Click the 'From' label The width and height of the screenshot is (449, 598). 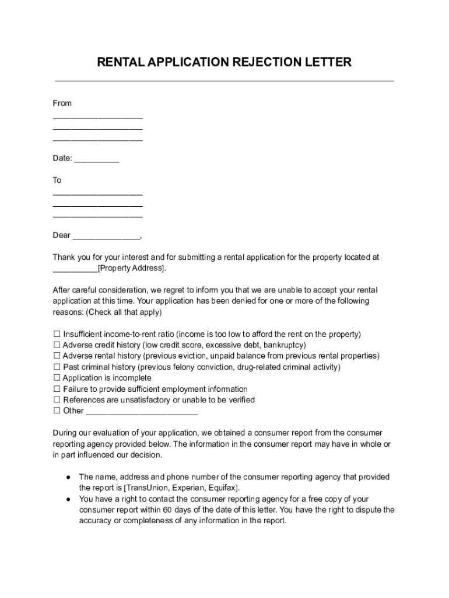point(62,103)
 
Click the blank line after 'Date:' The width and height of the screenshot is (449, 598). point(97,158)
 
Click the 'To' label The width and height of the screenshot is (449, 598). point(57,180)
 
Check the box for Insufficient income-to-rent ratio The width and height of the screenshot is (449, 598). point(57,335)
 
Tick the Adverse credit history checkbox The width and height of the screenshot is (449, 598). point(57,345)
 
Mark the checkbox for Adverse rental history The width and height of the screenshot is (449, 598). point(57,356)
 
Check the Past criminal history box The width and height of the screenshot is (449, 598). point(57,367)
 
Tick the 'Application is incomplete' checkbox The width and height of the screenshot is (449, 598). point(57,378)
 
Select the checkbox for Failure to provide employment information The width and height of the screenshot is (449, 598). point(57,390)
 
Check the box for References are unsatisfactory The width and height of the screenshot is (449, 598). point(57,400)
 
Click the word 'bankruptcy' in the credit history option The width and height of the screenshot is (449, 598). point(284,345)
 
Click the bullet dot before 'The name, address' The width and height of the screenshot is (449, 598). point(68,477)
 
